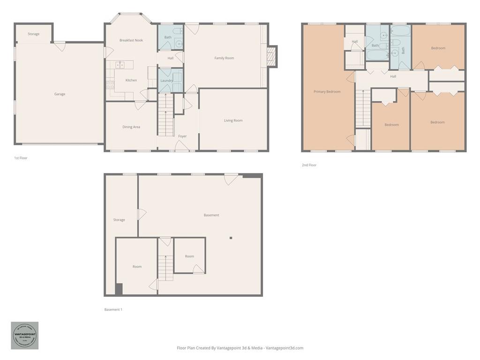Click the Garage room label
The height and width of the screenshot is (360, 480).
coord(60,94)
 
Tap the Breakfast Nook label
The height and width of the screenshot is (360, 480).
coord(131,40)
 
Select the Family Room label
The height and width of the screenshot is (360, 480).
coord(224,58)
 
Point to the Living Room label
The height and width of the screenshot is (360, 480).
coord(233,120)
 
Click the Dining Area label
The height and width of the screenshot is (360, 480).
coord(131,127)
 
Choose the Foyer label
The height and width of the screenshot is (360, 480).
coord(182,136)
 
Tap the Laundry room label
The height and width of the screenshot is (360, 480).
coord(166,81)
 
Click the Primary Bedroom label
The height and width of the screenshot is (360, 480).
coord(327,92)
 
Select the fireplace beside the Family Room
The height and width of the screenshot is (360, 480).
coord(272,56)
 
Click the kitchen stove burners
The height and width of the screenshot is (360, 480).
coord(110,85)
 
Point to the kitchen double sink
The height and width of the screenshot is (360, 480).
coord(120,65)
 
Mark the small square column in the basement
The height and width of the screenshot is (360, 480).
coord(231,238)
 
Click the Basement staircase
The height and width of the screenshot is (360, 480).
coord(165,268)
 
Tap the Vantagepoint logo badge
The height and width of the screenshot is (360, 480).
coord(25,335)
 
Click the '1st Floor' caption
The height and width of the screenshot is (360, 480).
coord(21,158)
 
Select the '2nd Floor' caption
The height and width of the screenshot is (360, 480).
coord(309,165)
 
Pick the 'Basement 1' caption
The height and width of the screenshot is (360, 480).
coord(113,309)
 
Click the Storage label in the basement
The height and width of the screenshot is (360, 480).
coord(119,220)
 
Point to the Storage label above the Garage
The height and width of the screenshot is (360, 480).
coord(33,34)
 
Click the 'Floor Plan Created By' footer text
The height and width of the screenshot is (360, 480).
coord(240,348)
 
